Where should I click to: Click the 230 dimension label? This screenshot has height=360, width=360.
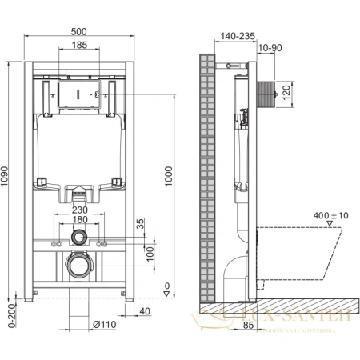coord(78,210)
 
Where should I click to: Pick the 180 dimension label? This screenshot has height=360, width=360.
coord(78,220)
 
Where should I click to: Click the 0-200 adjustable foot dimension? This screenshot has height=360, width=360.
coord(10,314)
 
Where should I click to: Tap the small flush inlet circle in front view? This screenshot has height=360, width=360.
coord(78,238)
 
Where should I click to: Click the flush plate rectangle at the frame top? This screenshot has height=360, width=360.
coord(78,93)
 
